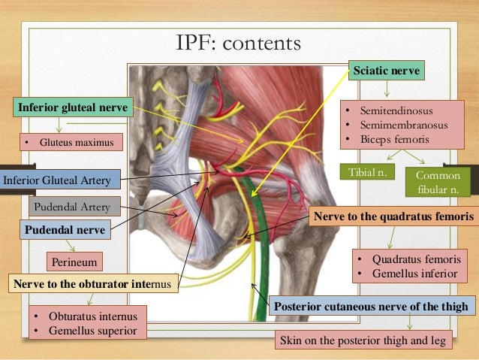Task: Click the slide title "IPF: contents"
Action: pos(238,43)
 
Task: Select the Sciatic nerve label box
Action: pos(387,71)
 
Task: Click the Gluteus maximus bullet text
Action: pos(72,141)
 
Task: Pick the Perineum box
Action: pos(74,262)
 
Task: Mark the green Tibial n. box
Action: pos(367,173)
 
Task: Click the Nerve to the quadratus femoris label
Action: pos(393,216)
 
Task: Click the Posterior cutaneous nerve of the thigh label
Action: pos(372,306)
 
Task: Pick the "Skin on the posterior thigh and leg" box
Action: pos(363,341)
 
